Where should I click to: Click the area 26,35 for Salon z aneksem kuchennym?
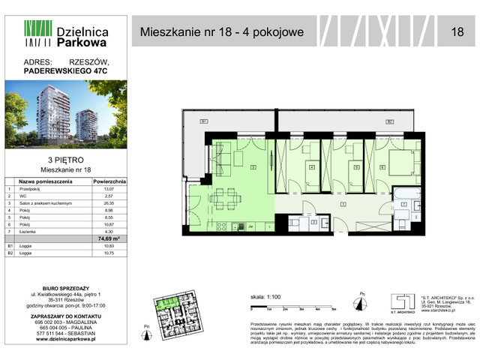click(x=111, y=204)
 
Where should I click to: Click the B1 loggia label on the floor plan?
click(x=202, y=121)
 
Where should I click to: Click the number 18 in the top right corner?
click(x=457, y=32)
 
